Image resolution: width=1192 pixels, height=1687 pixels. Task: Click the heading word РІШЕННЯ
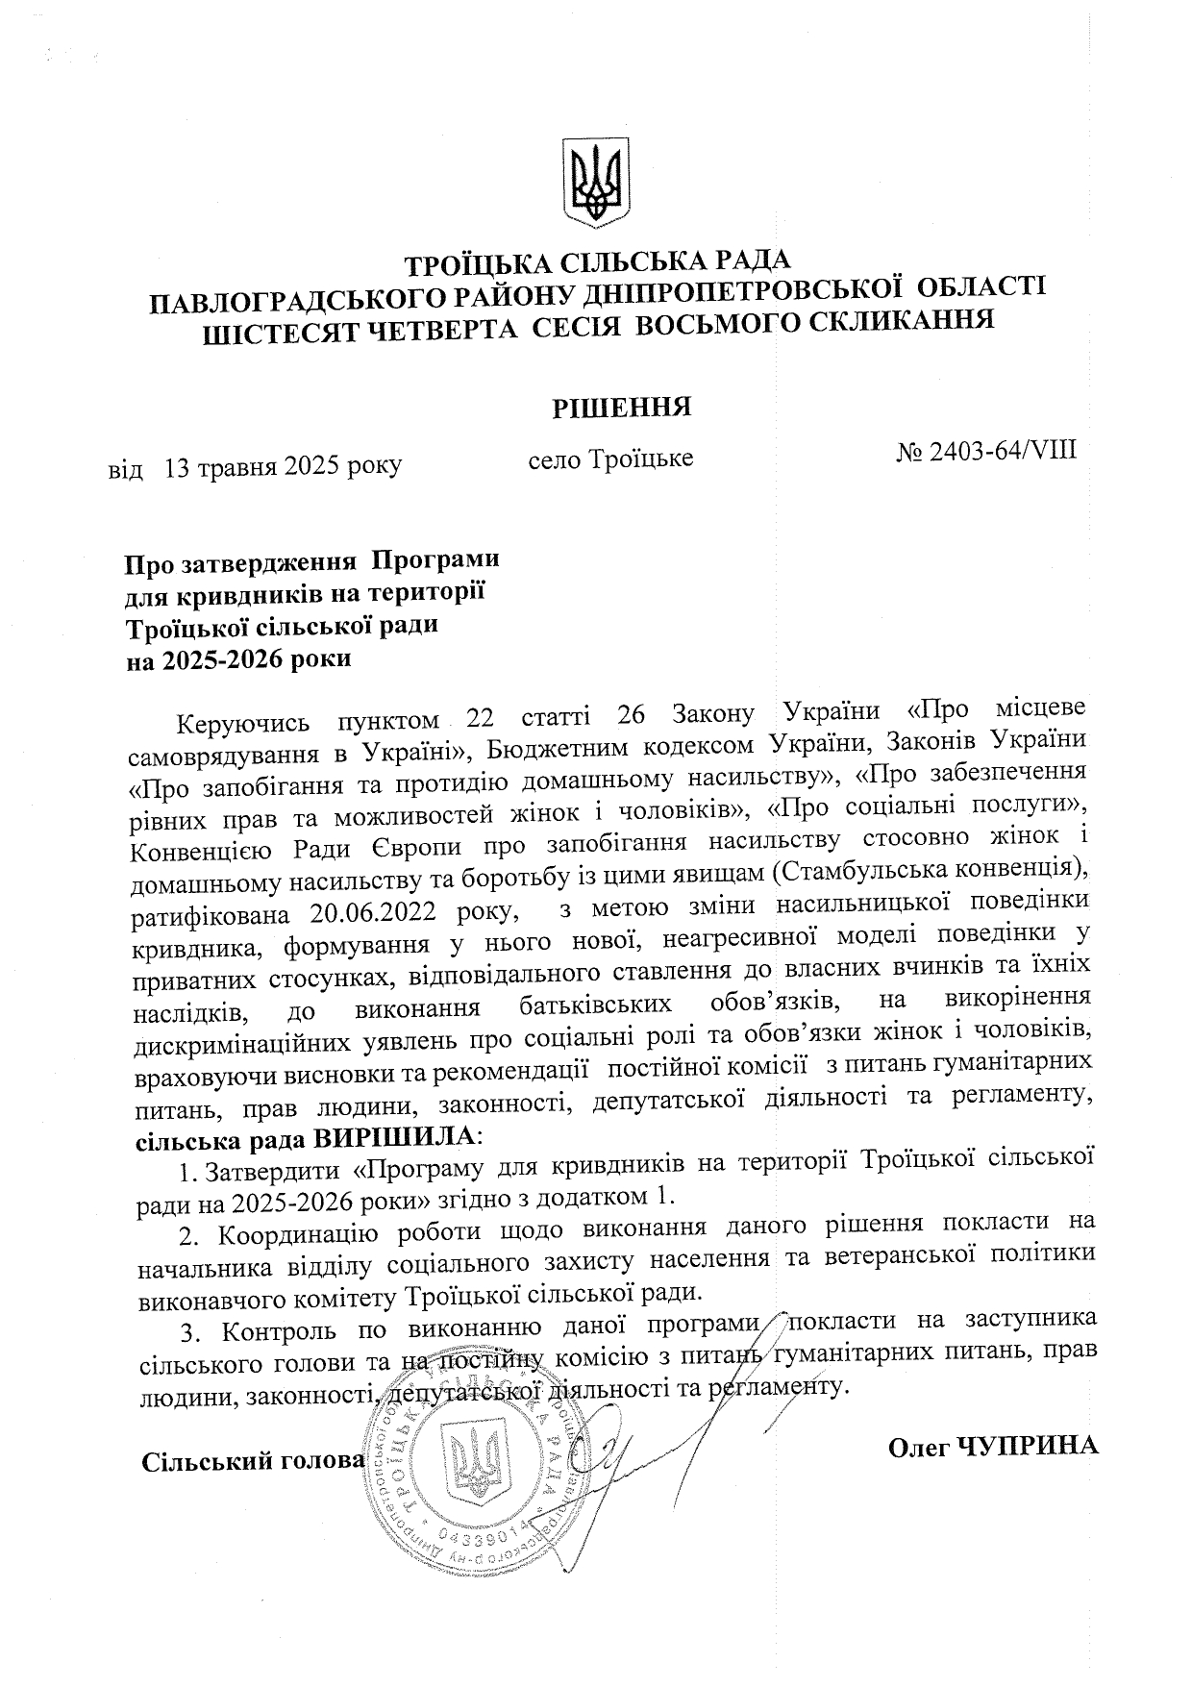click(622, 407)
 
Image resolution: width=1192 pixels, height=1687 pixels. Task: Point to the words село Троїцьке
click(611, 459)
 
